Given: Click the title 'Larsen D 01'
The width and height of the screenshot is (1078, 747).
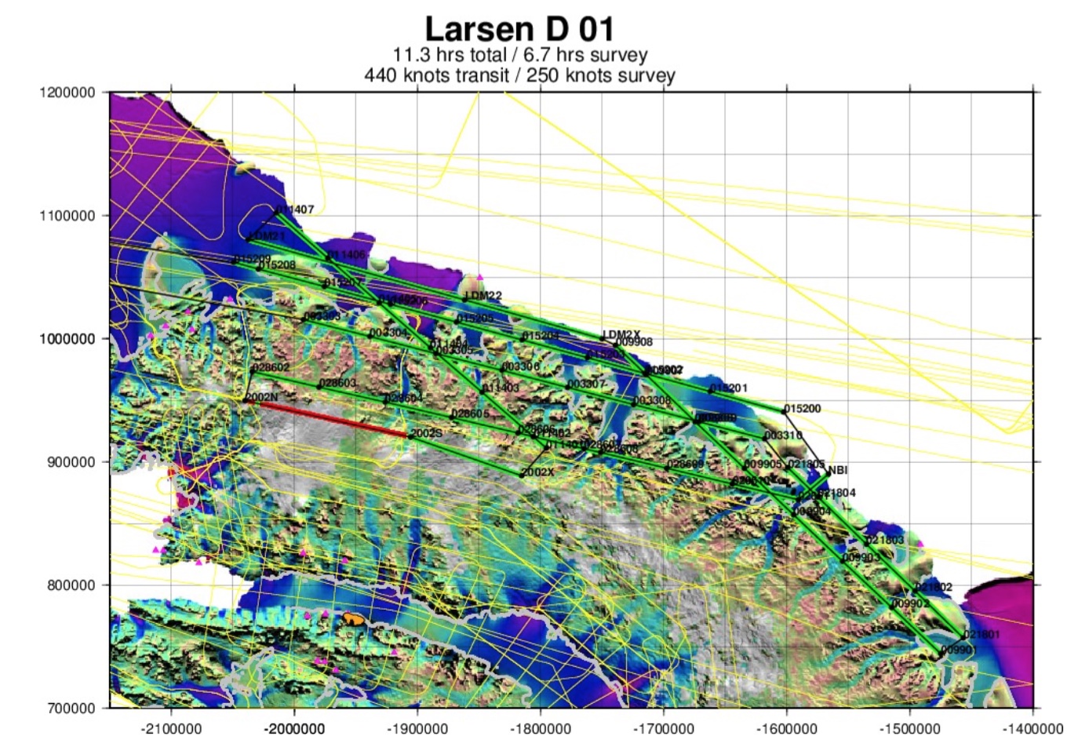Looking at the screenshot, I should tap(519, 29).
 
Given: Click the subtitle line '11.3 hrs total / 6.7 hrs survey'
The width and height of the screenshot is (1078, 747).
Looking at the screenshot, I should tap(519, 55).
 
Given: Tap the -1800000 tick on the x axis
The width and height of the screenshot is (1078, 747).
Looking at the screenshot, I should tap(540, 728).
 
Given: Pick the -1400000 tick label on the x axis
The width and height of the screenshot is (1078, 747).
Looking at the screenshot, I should tap(1032, 728).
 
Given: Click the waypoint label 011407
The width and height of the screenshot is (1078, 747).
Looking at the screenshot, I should tap(296, 210).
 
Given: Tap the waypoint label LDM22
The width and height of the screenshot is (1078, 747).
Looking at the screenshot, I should tap(483, 296).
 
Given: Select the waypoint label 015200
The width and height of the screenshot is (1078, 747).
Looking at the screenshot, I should tap(803, 409).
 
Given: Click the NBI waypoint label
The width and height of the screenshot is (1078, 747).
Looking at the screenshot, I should tap(838, 470).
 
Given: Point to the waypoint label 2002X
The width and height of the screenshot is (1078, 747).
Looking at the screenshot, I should tap(538, 472).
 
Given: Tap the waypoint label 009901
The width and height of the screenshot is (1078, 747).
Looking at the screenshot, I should tap(959, 650).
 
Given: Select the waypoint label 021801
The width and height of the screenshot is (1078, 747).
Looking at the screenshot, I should tap(981, 634).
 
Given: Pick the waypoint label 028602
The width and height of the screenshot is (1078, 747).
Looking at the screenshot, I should tap(271, 367).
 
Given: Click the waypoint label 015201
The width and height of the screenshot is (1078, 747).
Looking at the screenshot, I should tap(729, 388).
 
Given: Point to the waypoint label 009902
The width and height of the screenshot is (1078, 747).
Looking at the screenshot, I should tap(910, 603).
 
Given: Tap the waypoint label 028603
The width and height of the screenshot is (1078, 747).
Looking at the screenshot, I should tap(338, 383).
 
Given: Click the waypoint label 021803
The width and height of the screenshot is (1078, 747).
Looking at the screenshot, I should tap(885, 540).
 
